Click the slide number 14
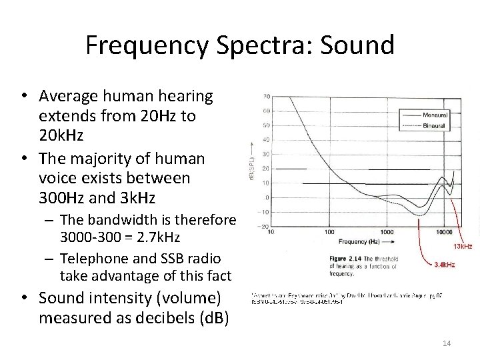(x=447, y=343)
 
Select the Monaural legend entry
(x=434, y=115)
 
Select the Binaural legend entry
(x=434, y=125)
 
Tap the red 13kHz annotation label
(x=462, y=246)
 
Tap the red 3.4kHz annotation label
(x=445, y=265)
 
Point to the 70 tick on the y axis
(x=267, y=96)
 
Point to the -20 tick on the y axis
(x=265, y=227)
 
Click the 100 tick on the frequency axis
(x=329, y=233)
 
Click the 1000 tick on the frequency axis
(x=386, y=233)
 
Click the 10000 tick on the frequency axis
(x=445, y=233)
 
